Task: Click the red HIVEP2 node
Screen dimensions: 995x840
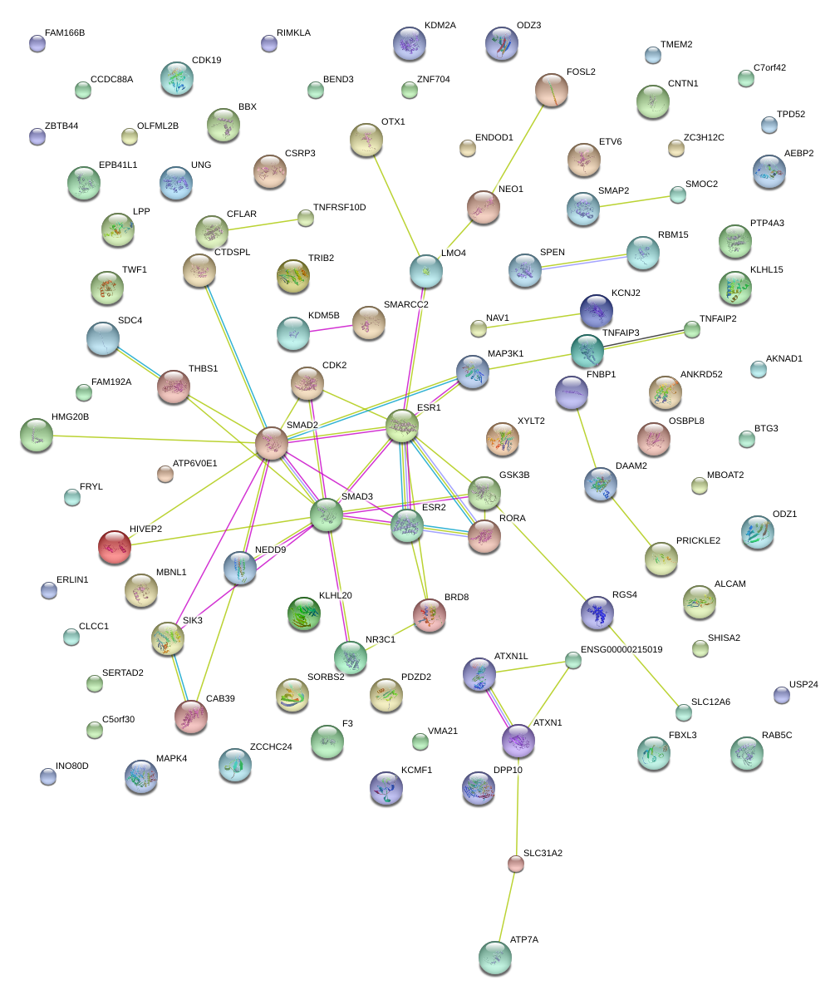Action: click(115, 546)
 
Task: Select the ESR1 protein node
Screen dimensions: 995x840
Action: click(402, 426)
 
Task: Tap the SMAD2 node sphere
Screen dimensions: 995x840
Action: click(272, 443)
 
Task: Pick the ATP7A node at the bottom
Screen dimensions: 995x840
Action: click(495, 957)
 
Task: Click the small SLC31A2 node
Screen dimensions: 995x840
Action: click(516, 864)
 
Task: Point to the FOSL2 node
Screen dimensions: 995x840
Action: click(552, 89)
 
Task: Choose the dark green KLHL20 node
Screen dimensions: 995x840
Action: click(302, 613)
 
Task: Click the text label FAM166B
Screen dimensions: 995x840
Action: click(65, 32)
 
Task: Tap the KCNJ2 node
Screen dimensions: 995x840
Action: click(596, 310)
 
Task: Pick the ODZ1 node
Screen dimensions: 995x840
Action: click(757, 531)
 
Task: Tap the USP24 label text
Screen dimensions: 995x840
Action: click(803, 685)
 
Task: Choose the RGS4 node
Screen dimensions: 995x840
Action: click(597, 612)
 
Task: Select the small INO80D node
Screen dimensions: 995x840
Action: click(48, 777)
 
